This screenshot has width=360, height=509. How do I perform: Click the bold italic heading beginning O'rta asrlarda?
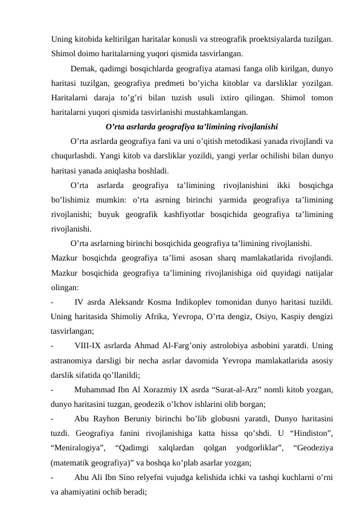191,127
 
